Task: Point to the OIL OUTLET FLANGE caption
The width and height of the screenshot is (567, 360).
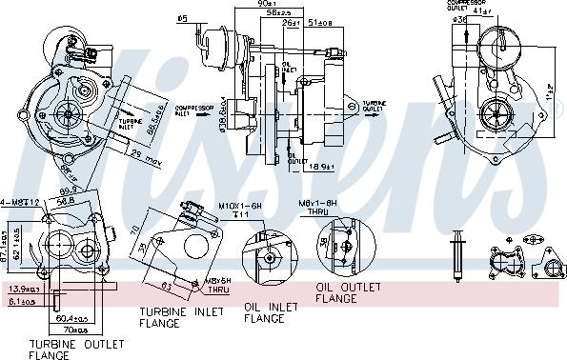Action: click(350, 292)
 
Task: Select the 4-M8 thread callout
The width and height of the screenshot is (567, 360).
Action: click(19, 201)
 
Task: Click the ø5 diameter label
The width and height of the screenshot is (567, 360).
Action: click(182, 16)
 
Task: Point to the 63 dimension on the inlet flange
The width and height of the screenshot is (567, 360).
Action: click(166, 283)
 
